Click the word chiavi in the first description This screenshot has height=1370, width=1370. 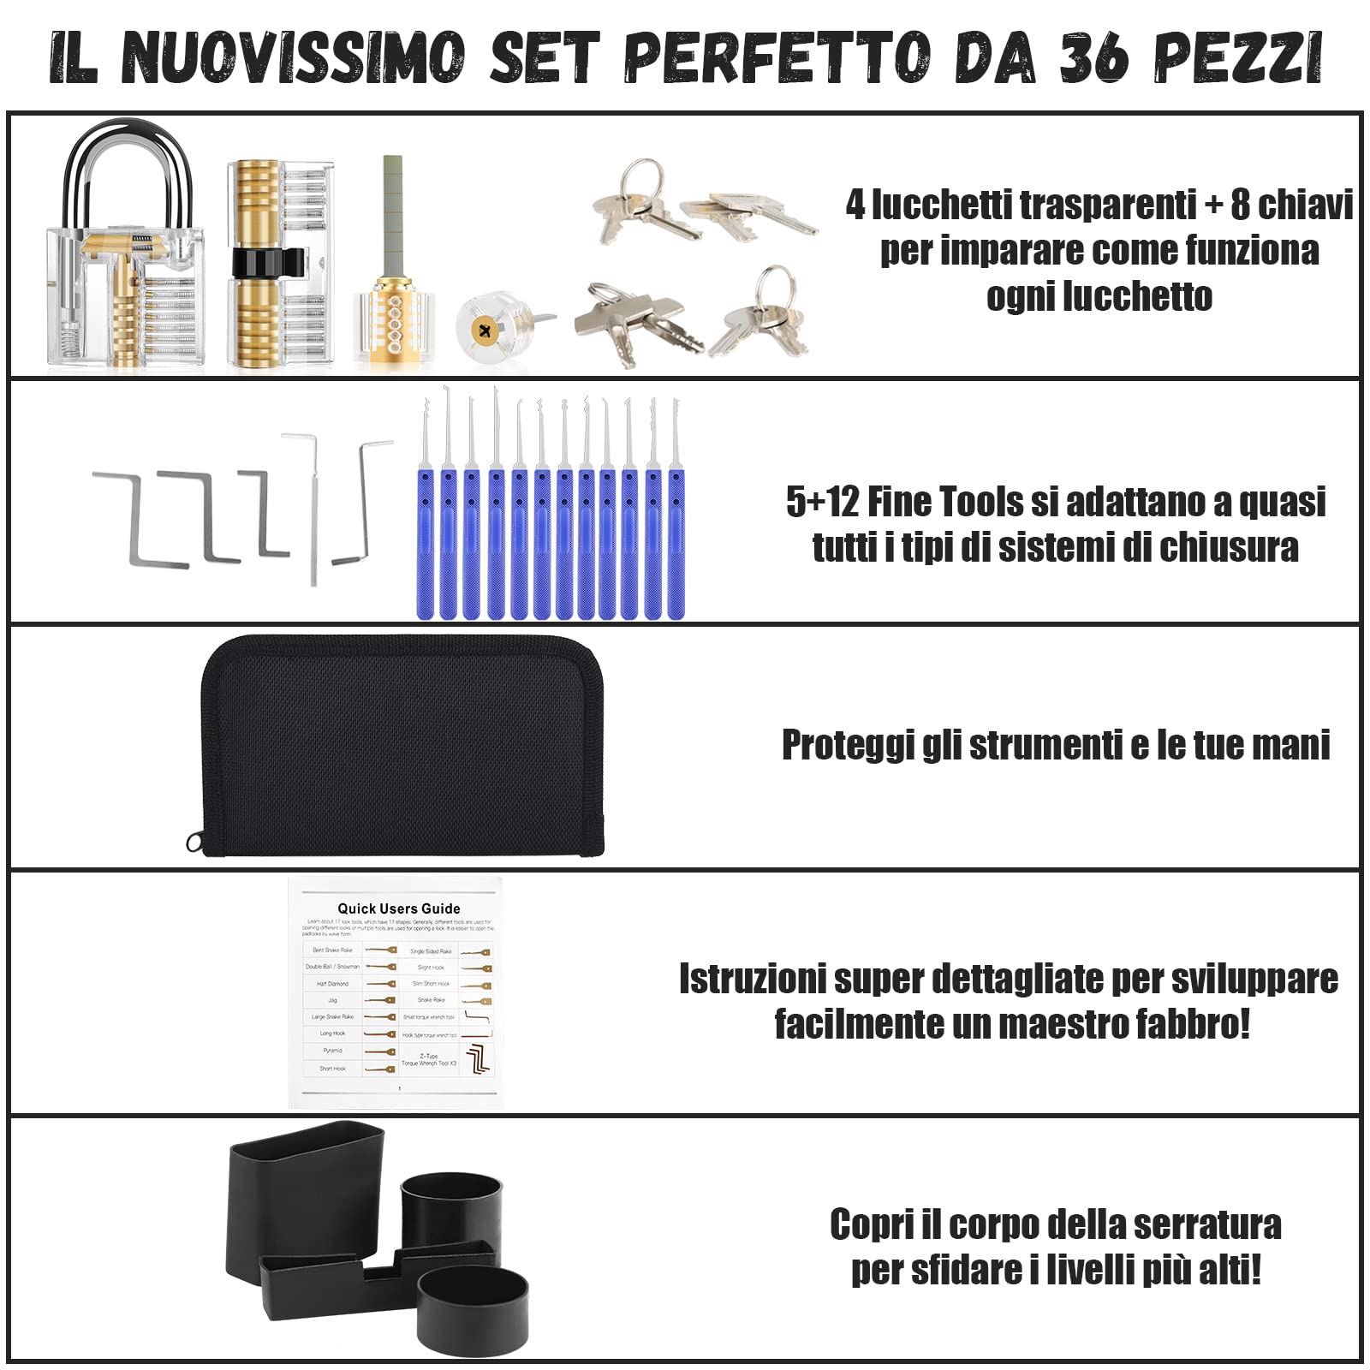(x=1305, y=205)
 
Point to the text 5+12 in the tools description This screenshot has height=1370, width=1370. (x=822, y=502)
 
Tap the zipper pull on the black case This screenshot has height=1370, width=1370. (x=195, y=843)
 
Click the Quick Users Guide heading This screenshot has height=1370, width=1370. (x=398, y=908)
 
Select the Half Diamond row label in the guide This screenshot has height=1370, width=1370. (x=332, y=984)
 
